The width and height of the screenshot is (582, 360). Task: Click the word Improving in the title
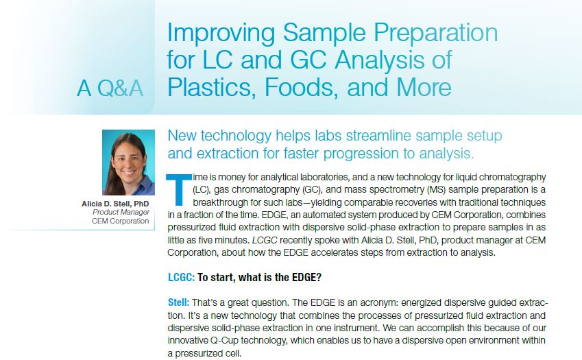(x=221, y=34)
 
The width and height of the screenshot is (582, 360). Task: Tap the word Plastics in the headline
(x=212, y=88)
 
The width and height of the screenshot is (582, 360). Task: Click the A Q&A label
(x=110, y=88)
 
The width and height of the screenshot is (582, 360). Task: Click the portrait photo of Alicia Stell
(x=128, y=163)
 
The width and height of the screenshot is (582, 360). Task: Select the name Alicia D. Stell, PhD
(x=115, y=204)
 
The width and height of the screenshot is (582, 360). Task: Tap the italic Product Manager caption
(x=121, y=213)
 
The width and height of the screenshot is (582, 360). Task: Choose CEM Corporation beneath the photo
(x=120, y=221)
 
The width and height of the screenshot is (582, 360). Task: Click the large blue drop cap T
(x=179, y=189)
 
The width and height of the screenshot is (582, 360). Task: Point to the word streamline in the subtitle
(x=378, y=136)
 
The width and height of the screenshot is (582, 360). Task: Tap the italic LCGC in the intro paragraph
(x=265, y=240)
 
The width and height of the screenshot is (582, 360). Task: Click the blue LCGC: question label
(x=181, y=277)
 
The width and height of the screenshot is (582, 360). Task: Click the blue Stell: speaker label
(x=178, y=302)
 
